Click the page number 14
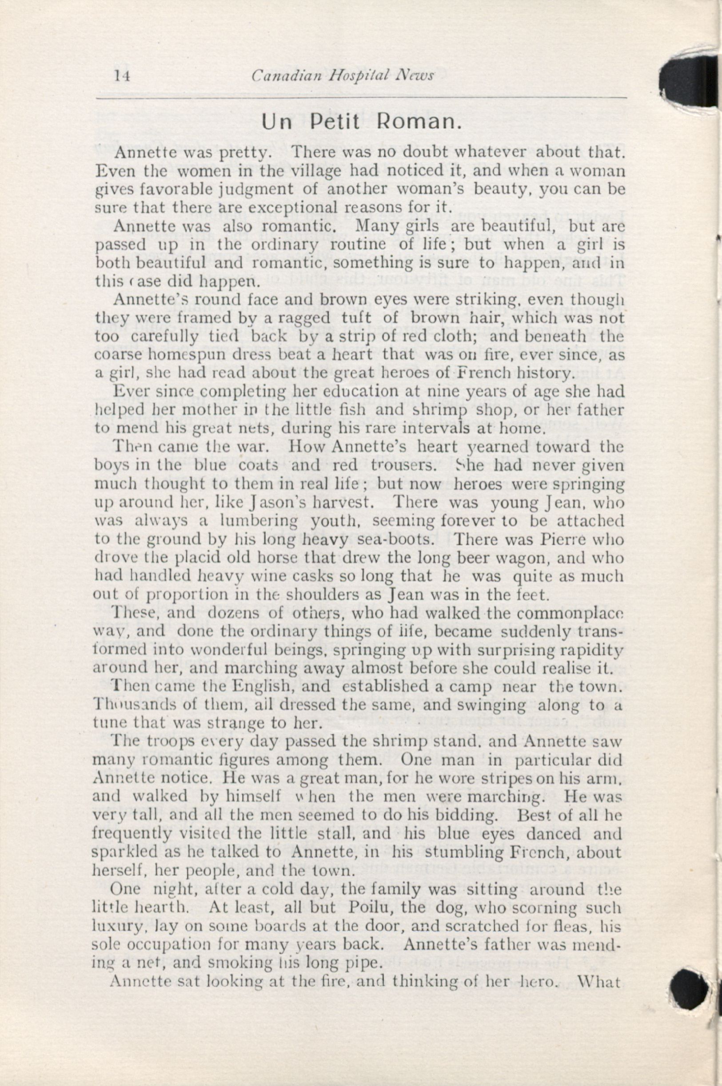pyautogui.click(x=122, y=76)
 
